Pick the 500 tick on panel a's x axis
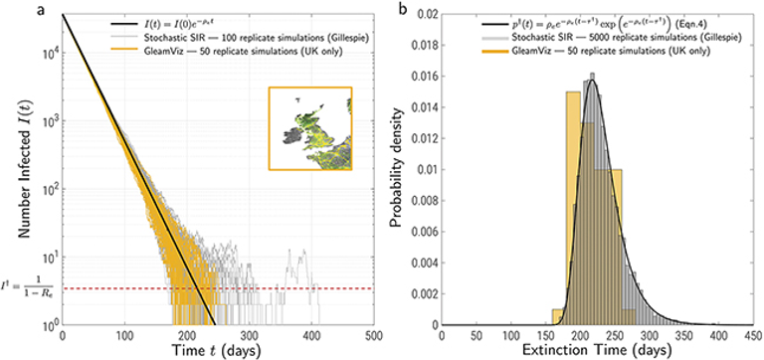(374, 335)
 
